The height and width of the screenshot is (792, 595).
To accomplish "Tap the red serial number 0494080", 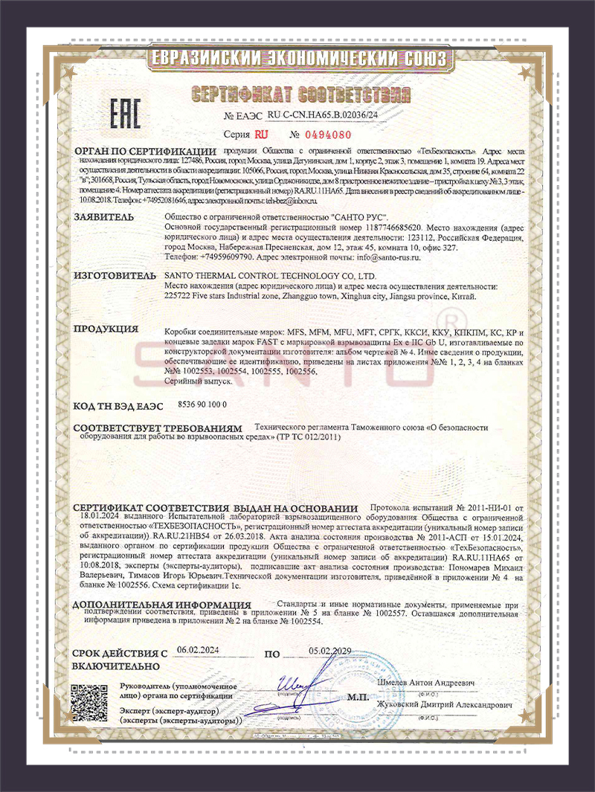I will coord(321,135).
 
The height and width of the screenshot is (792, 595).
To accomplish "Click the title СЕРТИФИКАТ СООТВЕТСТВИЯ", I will coord(300,94).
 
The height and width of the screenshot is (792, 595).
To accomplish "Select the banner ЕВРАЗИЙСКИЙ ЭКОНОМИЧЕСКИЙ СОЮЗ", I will coord(298,58).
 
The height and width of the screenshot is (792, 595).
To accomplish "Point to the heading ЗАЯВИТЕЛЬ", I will coord(103,217).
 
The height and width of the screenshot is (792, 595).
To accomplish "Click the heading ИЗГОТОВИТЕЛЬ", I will coord(112,275).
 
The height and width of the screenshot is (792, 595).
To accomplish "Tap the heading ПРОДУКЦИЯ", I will coord(106,329).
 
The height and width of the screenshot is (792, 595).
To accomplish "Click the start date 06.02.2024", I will coord(198,649).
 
